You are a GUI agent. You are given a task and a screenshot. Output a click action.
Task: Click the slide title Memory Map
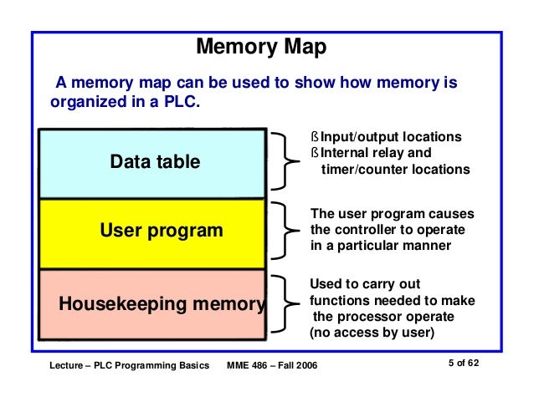tap(260, 47)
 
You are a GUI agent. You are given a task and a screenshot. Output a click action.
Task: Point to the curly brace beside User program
tap(285, 230)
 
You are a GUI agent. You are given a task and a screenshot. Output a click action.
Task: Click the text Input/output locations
tap(391, 137)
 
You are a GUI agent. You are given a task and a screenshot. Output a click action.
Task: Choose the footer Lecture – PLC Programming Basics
tap(128, 368)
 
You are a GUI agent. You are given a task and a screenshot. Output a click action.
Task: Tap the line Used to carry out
tap(365, 284)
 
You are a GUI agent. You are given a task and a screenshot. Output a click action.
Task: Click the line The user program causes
tap(392, 213)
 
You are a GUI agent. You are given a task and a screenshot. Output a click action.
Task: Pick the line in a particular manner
tap(380, 246)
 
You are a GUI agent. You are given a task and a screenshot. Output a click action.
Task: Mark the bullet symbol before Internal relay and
tap(316, 154)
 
